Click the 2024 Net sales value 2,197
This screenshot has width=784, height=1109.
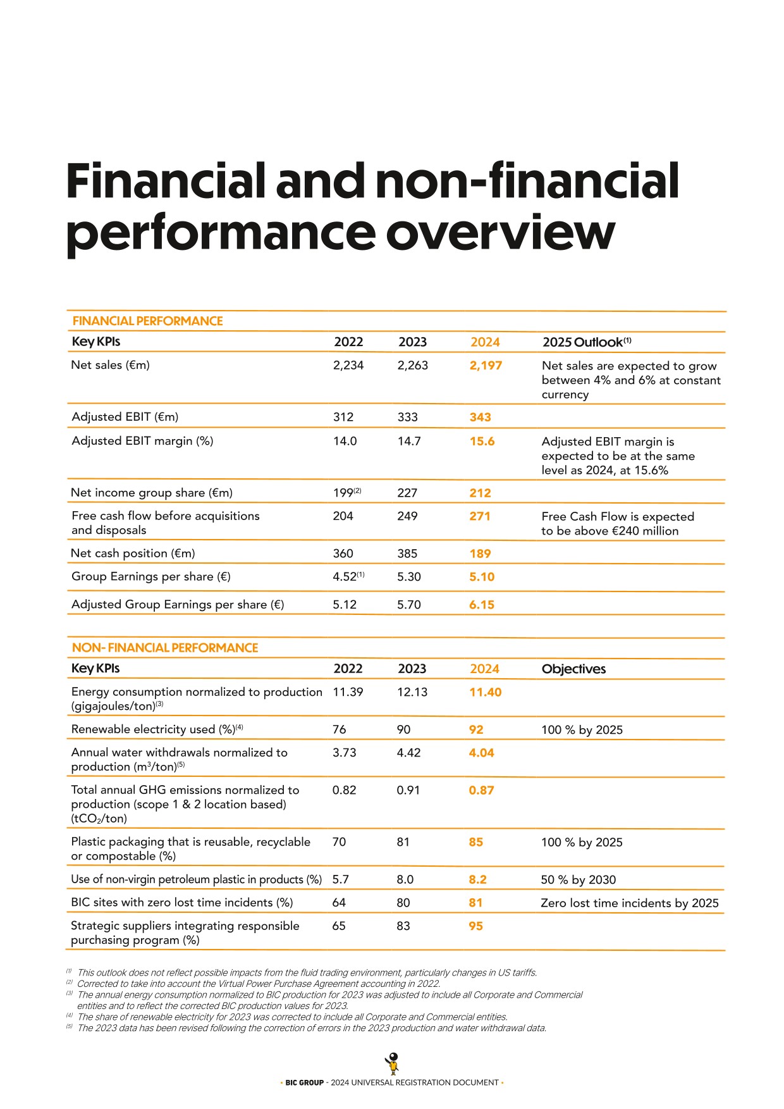coord(486,366)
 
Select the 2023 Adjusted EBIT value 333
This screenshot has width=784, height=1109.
coord(408,417)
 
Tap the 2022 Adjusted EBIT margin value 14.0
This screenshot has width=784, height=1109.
coord(345,441)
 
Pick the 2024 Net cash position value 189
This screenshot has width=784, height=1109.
coord(480,554)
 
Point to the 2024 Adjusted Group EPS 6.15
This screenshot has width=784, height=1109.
coord(482,605)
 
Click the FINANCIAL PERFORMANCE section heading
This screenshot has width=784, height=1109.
coord(147,321)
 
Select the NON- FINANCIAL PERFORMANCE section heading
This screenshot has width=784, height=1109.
coord(165,648)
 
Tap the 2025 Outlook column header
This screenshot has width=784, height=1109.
coord(587,342)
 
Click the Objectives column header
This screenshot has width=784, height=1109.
coord(573,669)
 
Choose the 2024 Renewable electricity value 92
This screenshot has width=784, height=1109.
coord(476,729)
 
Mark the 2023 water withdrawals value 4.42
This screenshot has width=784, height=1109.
coord(408,753)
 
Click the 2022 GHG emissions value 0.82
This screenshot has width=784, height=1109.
coord(345,790)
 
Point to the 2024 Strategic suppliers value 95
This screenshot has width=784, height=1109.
coord(476,926)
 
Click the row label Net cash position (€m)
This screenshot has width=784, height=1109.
coord(133,554)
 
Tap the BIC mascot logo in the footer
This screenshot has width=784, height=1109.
coord(393,1063)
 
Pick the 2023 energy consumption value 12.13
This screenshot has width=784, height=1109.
coord(412,692)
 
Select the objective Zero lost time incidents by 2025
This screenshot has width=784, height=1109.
coord(630,903)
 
